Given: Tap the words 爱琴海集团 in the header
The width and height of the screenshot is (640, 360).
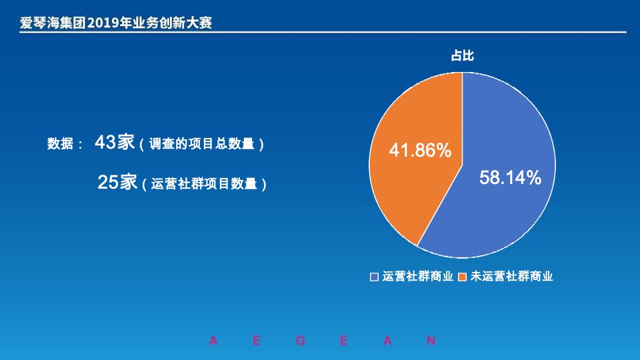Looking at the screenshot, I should point(53,23).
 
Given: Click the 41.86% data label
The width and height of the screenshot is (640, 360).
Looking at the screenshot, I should point(420,151).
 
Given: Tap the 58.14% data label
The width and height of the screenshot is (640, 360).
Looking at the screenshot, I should point(511,177).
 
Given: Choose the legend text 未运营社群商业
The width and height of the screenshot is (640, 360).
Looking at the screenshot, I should point(511,276).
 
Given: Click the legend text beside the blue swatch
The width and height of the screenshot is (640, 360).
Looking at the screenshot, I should point(418,276).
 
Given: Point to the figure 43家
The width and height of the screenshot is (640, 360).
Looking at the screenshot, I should point(115,142).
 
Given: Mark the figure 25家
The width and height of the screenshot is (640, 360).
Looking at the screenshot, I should point(117,182).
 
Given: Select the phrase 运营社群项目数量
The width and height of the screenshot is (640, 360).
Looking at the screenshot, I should point(204,185).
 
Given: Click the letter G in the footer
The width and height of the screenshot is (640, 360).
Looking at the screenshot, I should point(300,341).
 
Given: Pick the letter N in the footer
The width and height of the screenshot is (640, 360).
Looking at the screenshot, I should point(431,341).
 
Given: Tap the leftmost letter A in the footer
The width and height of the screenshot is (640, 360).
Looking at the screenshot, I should point(213,341).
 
